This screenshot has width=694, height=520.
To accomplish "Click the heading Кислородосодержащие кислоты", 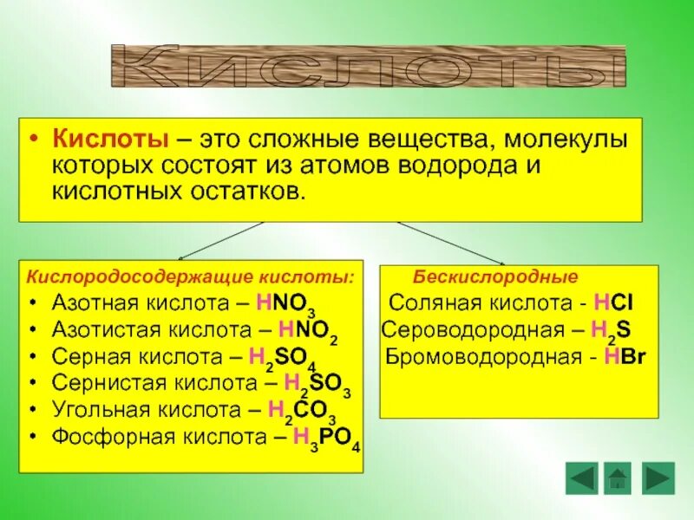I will pos(190,276).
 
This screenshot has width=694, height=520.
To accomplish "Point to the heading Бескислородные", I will pos(495,276).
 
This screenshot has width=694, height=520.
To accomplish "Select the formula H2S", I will pos(610,330).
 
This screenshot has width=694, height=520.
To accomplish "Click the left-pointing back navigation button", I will pos(581,478).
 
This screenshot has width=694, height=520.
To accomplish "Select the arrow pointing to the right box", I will pos(451,242).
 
